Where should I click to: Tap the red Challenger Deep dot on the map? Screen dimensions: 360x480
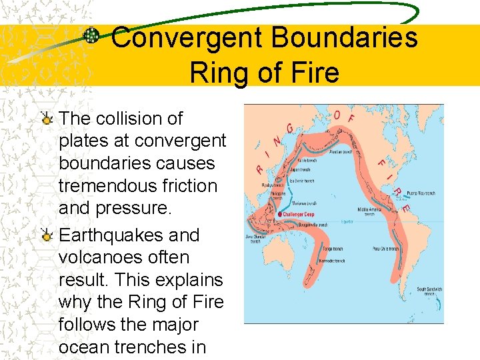pos(280,214)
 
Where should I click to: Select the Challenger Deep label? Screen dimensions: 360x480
pos(299,215)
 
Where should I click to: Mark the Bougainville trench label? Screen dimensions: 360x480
pos(313,225)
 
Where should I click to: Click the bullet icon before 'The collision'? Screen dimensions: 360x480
pos(47,119)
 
